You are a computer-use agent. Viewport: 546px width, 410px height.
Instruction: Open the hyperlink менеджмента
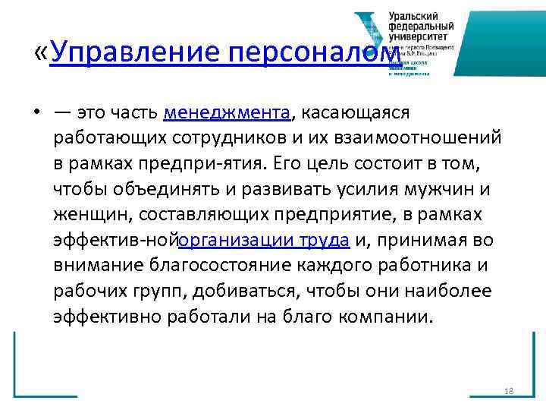click(227, 114)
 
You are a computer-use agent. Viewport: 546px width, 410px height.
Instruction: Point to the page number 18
click(508, 391)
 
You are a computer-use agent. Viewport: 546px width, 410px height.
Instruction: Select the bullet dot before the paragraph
click(36, 115)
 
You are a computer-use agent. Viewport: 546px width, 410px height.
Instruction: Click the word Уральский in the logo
click(415, 15)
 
